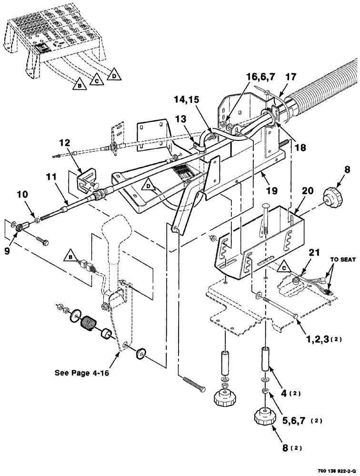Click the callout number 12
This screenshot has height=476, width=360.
65,142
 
